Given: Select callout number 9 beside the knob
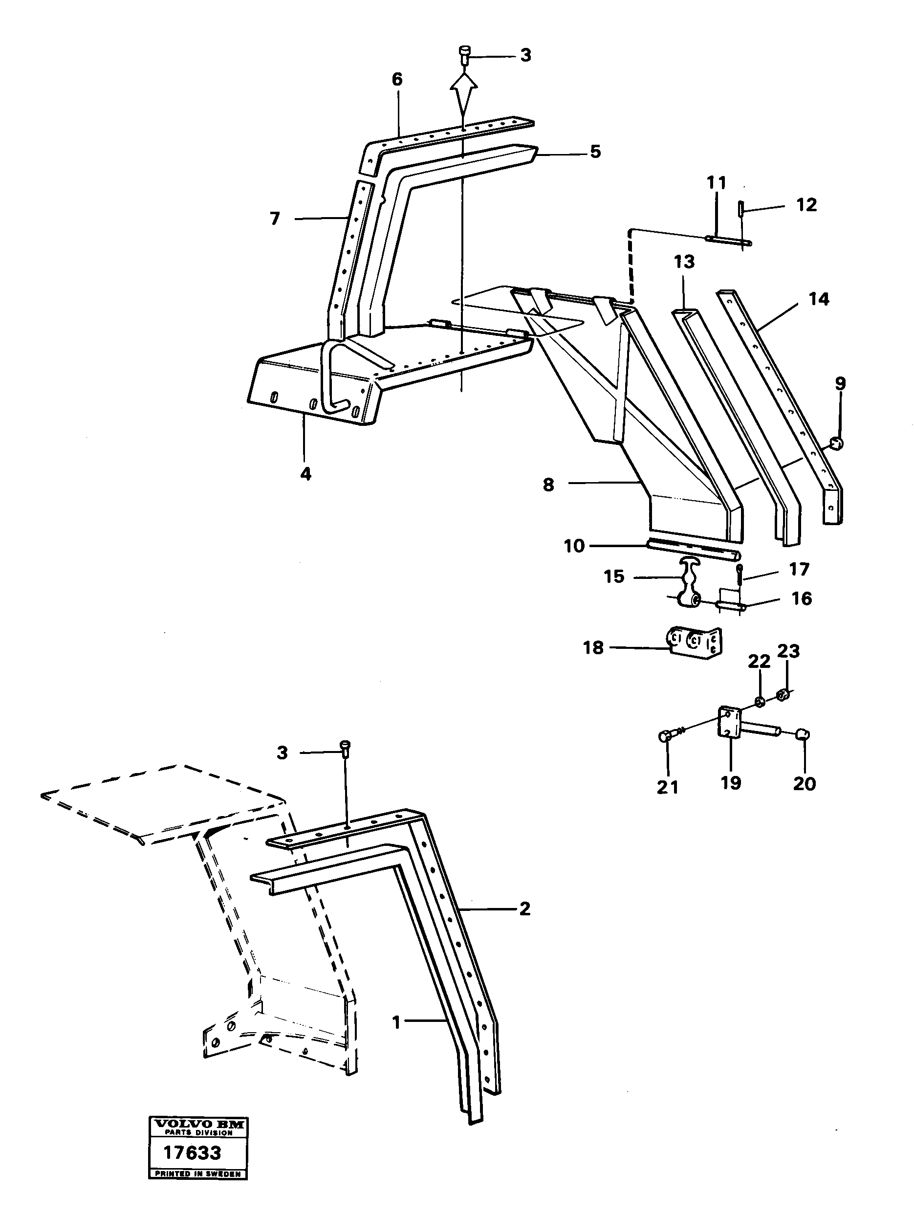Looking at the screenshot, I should point(840,384).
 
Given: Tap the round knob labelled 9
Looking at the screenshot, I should point(836,443).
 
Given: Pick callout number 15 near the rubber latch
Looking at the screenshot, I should point(614,576).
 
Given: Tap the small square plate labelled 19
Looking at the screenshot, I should point(729,724).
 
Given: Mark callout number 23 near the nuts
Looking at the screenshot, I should point(788,651).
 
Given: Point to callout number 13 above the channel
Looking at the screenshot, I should point(684,262).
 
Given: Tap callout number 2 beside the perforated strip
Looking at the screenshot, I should point(524,909).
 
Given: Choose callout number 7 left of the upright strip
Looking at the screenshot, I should point(275,219).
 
